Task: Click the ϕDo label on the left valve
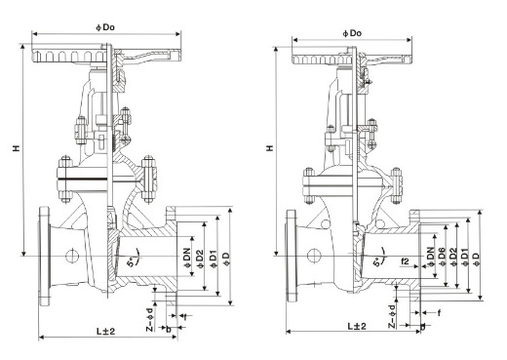(x=105, y=27)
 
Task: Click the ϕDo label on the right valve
(x=352, y=33)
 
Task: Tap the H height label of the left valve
(x=16, y=148)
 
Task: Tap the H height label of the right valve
(x=270, y=148)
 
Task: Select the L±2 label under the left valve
(x=105, y=332)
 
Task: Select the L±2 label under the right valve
(x=357, y=326)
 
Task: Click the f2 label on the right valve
(x=406, y=260)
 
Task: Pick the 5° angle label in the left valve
(x=131, y=262)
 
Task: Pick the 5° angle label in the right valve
(x=376, y=262)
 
